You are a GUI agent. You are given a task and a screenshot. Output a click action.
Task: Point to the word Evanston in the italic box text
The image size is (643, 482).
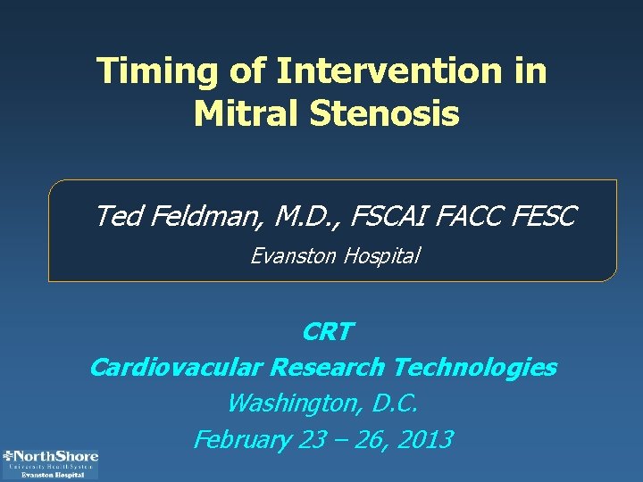point(291,256)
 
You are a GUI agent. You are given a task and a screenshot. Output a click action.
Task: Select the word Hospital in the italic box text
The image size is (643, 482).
point(379,256)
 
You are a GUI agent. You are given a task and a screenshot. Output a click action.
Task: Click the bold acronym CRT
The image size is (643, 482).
point(327,332)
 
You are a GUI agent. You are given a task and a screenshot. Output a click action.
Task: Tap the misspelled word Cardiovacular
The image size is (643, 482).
point(177,367)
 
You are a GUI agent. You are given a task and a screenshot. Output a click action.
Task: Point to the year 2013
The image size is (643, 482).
point(424,440)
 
